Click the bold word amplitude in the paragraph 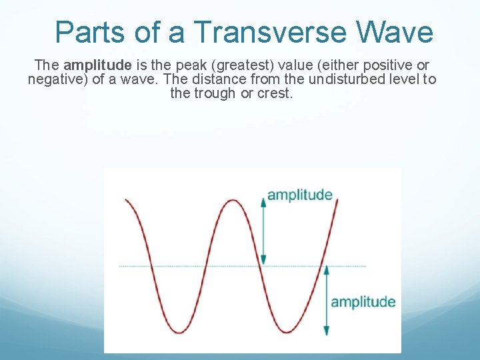click(x=97, y=65)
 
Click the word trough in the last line click(x=217, y=93)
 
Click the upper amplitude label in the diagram click(x=299, y=195)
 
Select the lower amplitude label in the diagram click(x=363, y=302)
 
